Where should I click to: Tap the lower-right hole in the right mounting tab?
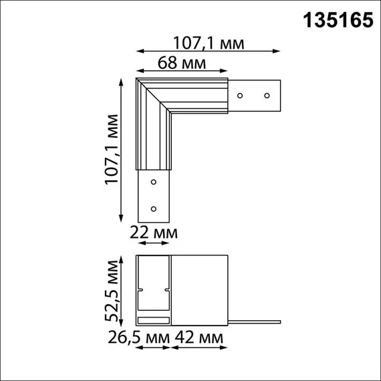(267, 96)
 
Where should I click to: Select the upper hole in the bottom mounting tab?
(153, 182)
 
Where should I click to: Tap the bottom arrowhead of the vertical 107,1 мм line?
(121, 219)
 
